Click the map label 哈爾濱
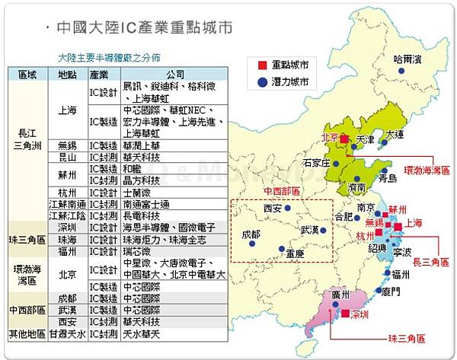[x=407, y=58]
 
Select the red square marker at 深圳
[x=345, y=313]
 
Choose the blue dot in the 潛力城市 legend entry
[x=261, y=81]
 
